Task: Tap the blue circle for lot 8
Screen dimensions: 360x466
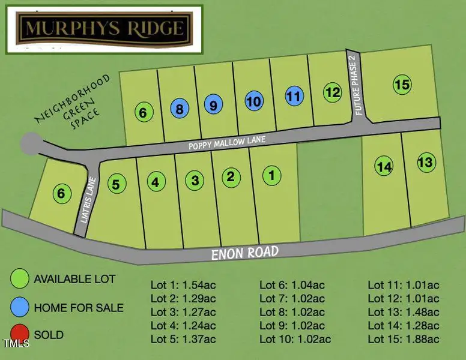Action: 179,109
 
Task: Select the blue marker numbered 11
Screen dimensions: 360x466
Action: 294,95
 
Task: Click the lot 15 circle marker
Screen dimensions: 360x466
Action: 402,85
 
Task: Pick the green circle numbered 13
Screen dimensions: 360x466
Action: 425,162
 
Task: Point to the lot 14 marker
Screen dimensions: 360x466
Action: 384,166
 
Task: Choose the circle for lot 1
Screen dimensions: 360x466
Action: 272,175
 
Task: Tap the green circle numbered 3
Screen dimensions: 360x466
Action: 194,179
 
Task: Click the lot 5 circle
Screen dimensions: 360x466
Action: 116,184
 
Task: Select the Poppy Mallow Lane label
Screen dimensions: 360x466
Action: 226,143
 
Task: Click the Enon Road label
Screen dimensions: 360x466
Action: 245,253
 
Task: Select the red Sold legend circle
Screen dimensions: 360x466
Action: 20,334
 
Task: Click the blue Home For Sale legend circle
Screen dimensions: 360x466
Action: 20,307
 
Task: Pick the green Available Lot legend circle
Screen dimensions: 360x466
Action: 20,280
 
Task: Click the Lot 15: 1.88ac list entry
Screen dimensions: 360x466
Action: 404,339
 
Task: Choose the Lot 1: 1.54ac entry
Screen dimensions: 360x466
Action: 183,285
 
